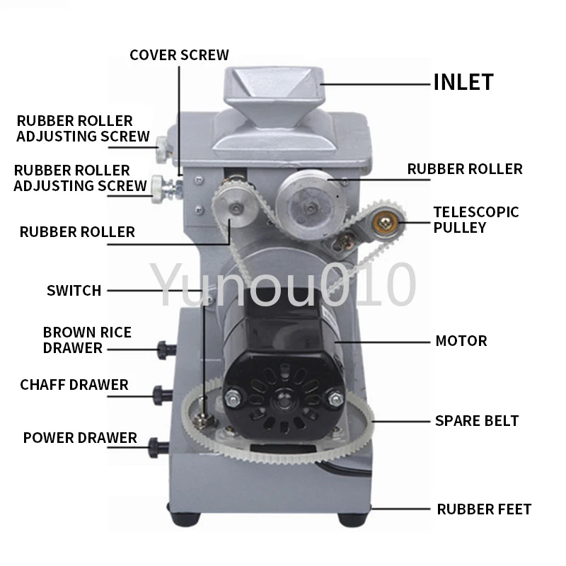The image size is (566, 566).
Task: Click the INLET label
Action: tap(463, 82)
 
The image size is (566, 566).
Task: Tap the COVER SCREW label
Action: tap(179, 55)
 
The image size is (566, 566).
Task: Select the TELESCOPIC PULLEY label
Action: tap(475, 219)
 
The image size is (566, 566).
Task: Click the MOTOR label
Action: tap(461, 341)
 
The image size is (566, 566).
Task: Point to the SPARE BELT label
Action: tap(477, 421)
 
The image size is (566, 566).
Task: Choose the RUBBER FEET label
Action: tap(484, 509)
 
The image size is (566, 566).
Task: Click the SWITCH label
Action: tap(74, 290)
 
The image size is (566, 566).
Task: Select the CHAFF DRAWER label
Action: tap(74, 385)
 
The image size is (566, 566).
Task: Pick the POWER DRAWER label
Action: tap(80, 437)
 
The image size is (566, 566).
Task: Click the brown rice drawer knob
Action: tap(164, 347)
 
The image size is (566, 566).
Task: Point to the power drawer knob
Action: tap(156, 445)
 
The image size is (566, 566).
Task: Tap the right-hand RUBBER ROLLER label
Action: tap(465, 169)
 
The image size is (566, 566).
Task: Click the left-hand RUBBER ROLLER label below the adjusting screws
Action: tap(77, 231)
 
